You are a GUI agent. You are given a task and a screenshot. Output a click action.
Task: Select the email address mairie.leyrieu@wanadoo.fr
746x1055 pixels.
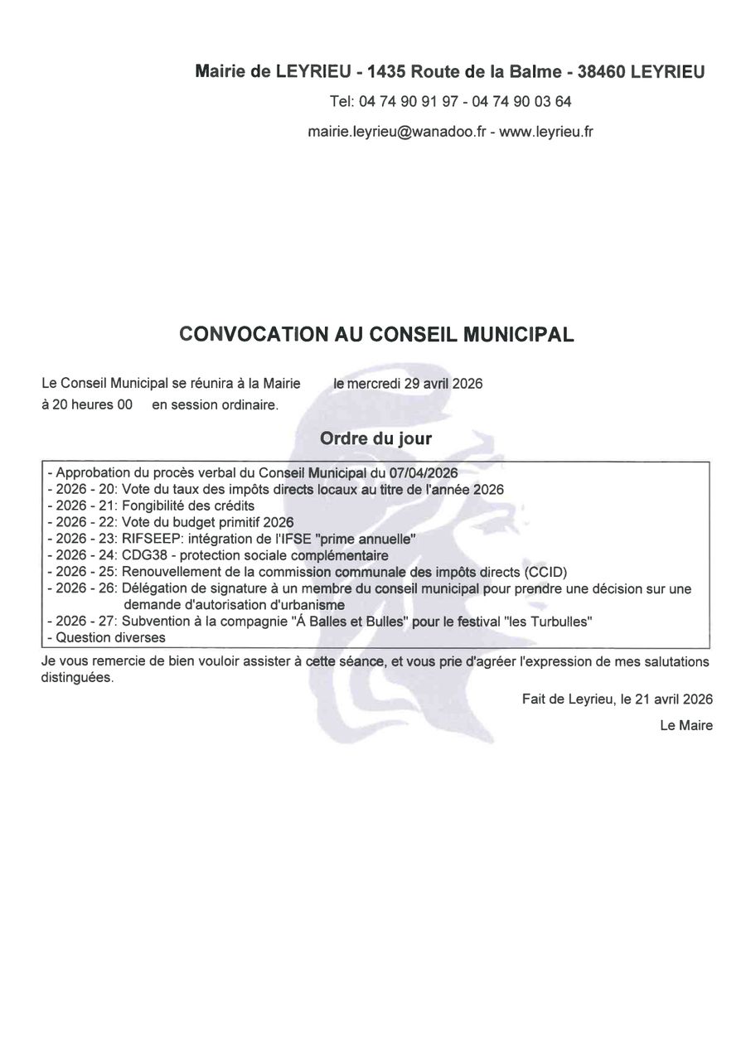[x=396, y=131]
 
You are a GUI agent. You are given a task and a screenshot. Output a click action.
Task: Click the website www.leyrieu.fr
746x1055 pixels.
[x=546, y=131]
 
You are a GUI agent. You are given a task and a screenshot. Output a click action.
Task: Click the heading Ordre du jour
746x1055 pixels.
[x=375, y=438]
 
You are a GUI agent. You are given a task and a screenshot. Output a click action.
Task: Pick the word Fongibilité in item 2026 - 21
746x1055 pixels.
[x=157, y=505]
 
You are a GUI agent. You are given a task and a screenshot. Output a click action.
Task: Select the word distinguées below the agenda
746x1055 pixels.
[x=77, y=677]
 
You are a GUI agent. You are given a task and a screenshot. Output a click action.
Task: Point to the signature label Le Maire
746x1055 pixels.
[x=686, y=726]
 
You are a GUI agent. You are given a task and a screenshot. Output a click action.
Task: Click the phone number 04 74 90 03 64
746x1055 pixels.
[x=521, y=102]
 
